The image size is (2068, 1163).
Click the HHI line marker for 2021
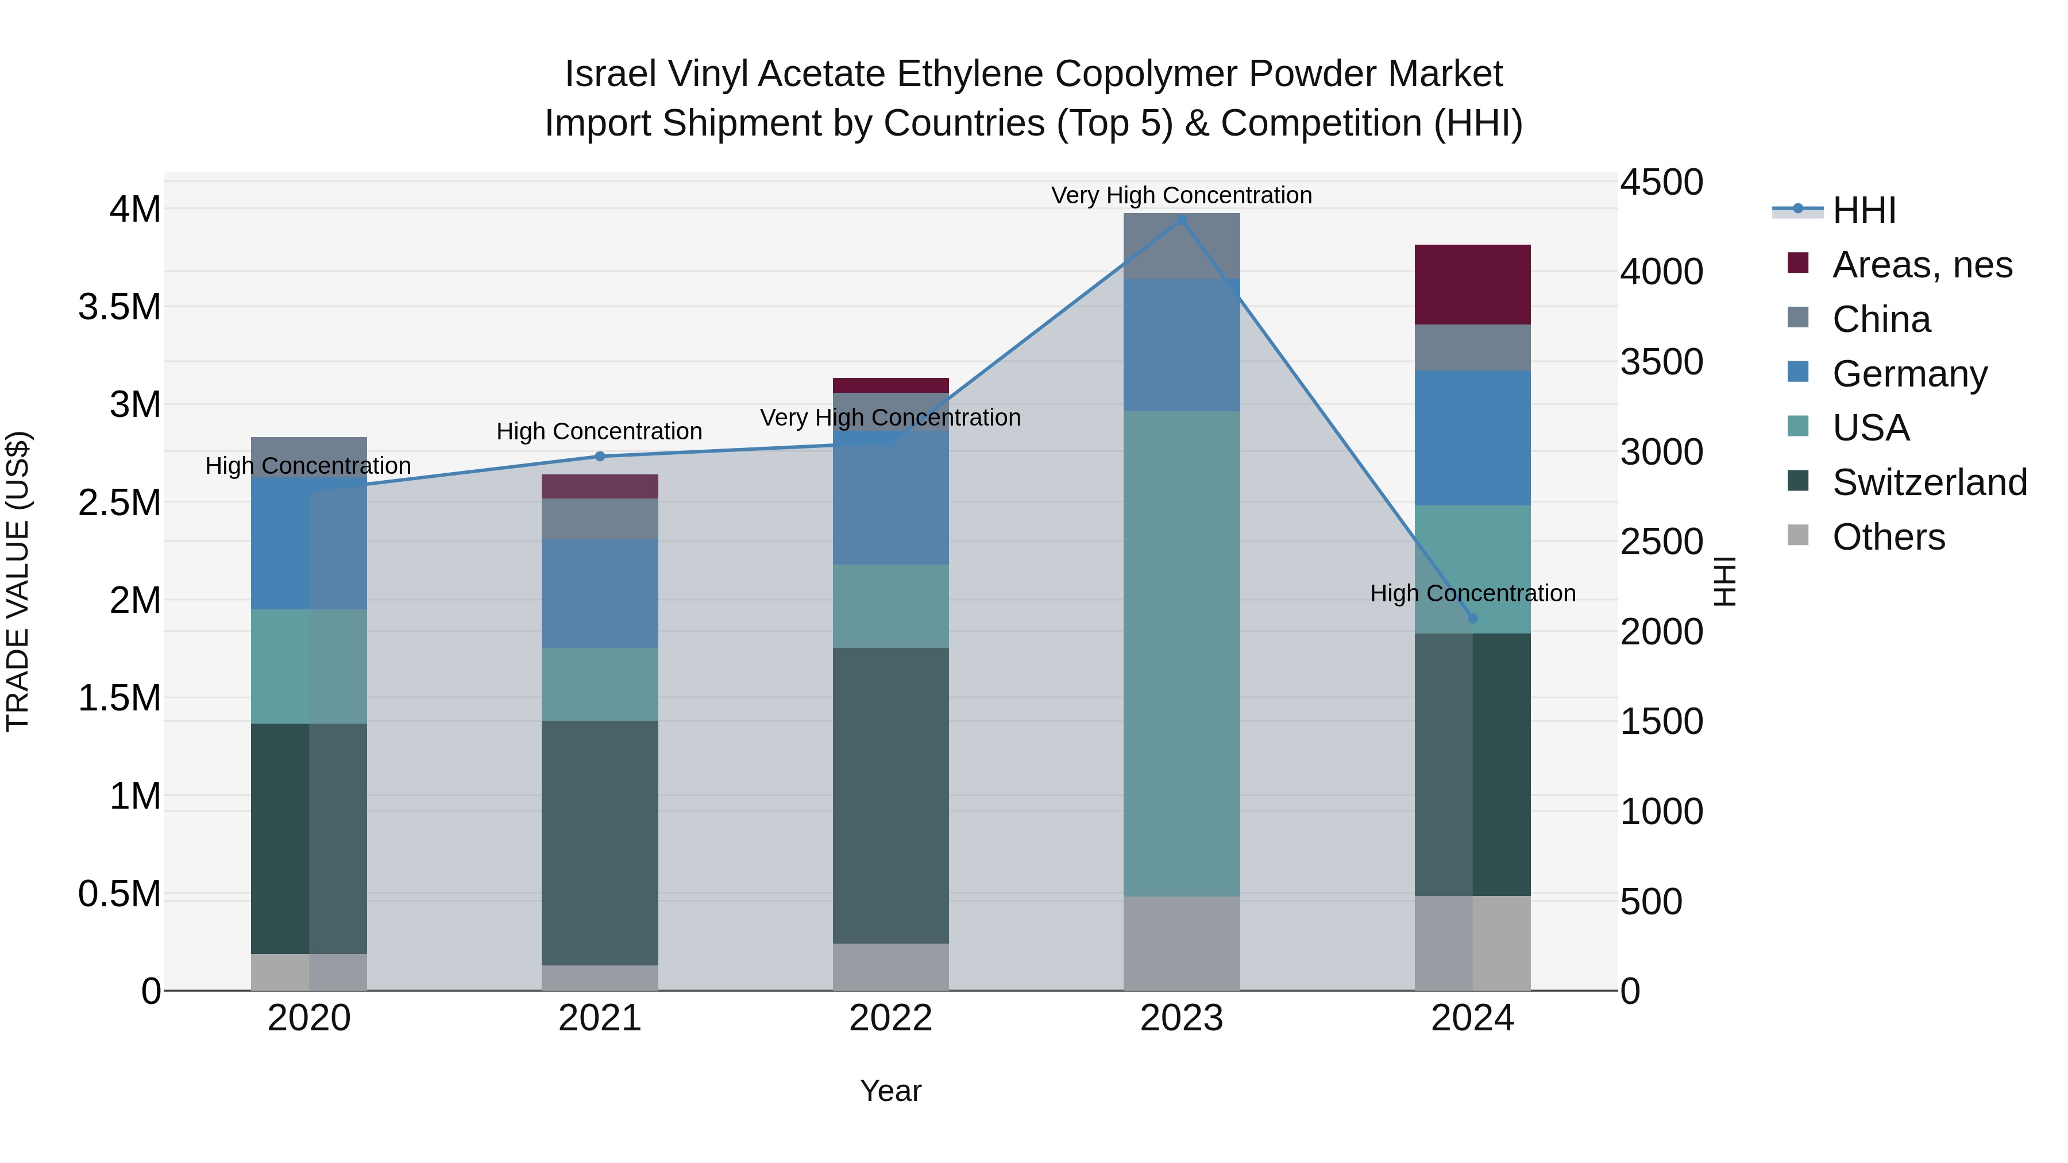[x=600, y=456]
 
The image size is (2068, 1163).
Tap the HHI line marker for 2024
[x=1472, y=618]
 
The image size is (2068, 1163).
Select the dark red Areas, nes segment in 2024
[x=1472, y=284]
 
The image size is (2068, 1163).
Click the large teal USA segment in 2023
[x=1181, y=654]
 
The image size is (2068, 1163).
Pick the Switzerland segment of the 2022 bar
[x=890, y=795]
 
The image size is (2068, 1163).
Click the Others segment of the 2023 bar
[x=1181, y=943]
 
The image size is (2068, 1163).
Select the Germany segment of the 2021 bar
[x=600, y=593]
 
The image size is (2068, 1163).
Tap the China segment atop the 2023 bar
[x=1181, y=246]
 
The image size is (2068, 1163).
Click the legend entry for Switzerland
[x=1929, y=482]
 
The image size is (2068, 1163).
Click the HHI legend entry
[x=1863, y=210]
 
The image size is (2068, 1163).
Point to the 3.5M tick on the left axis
[x=119, y=307]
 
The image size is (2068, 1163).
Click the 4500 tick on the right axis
[x=1661, y=182]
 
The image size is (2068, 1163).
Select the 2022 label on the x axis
[x=890, y=1018]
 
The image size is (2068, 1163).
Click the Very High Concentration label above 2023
[x=1181, y=195]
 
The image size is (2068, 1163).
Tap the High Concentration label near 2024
[x=1472, y=593]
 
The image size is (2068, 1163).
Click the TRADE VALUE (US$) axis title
[x=18, y=581]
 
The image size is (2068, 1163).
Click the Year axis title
[x=890, y=1091]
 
